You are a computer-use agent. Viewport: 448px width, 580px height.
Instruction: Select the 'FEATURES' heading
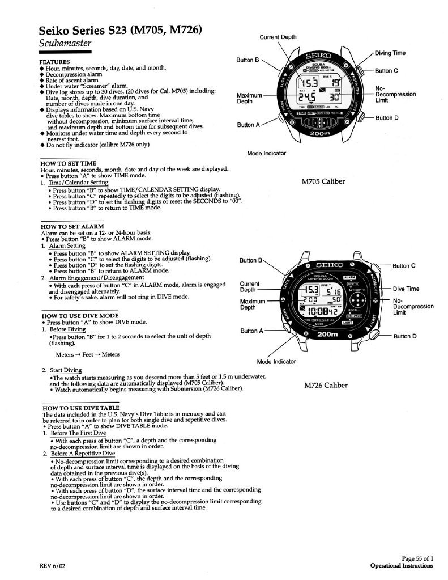[x=54, y=61]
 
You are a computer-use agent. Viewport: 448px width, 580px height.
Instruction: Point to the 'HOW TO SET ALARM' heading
[x=70, y=226]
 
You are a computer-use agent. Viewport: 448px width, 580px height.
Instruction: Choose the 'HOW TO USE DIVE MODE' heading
[x=79, y=315]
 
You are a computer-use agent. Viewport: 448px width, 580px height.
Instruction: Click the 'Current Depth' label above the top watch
[x=278, y=37]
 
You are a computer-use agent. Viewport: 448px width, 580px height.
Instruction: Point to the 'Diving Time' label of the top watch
[x=390, y=53]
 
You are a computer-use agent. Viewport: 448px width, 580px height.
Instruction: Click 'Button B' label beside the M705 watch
[x=248, y=59]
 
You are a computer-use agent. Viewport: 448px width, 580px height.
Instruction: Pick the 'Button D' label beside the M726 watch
[x=404, y=336]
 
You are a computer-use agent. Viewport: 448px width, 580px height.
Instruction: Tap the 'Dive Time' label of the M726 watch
[x=406, y=289]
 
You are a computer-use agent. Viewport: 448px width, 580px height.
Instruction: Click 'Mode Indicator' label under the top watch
[x=267, y=153]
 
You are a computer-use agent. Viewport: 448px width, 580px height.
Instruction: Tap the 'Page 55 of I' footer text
[x=417, y=558]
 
